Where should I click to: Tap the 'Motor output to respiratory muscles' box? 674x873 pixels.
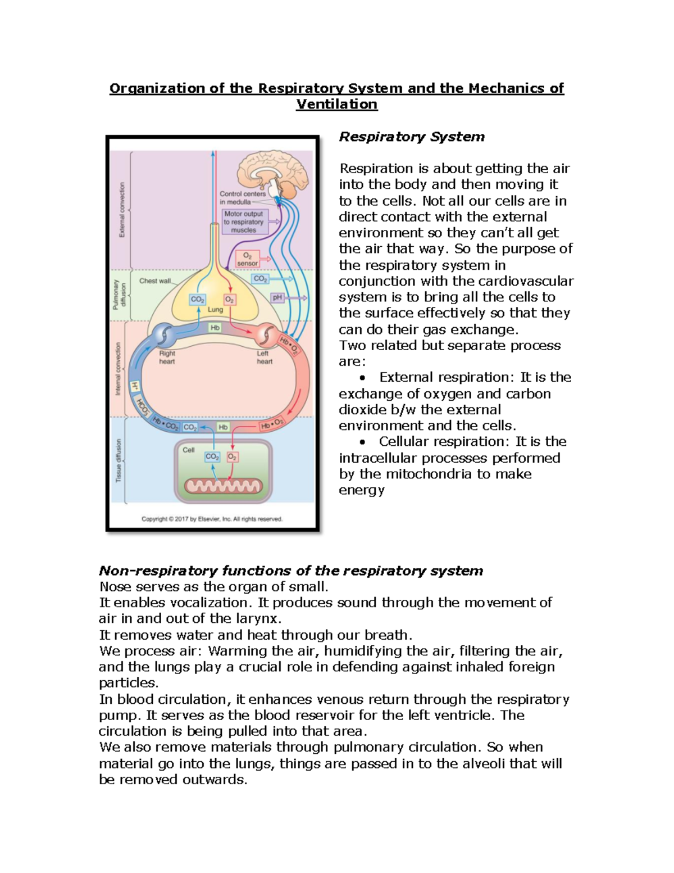[x=243, y=221]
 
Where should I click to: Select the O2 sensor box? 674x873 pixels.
[x=247, y=259]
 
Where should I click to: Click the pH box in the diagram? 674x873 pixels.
[x=277, y=297]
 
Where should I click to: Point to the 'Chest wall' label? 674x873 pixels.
[x=155, y=281]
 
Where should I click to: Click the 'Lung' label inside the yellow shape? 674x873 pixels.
[x=215, y=310]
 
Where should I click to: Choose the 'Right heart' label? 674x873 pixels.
[x=167, y=358]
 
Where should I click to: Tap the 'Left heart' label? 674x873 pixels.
[x=264, y=358]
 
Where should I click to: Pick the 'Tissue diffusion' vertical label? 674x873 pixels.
[x=119, y=460]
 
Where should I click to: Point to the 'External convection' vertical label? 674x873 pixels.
[x=122, y=210]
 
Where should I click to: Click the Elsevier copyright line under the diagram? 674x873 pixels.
[x=212, y=519]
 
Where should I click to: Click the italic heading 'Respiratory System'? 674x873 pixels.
[x=411, y=137]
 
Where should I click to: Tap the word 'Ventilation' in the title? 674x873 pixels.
[x=336, y=105]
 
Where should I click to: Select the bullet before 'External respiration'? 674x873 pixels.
[x=362, y=378]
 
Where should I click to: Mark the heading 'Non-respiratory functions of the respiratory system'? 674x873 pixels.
[x=290, y=571]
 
